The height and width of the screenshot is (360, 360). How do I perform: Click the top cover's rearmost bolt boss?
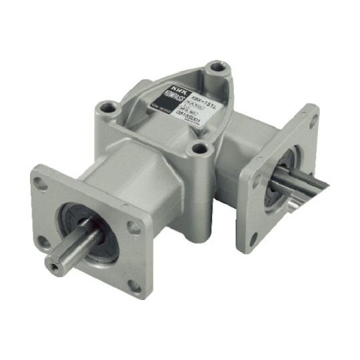(x=215, y=68)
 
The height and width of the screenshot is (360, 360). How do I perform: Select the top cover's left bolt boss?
(x=106, y=107)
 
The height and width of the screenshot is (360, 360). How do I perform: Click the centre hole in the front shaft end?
(x=54, y=265)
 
